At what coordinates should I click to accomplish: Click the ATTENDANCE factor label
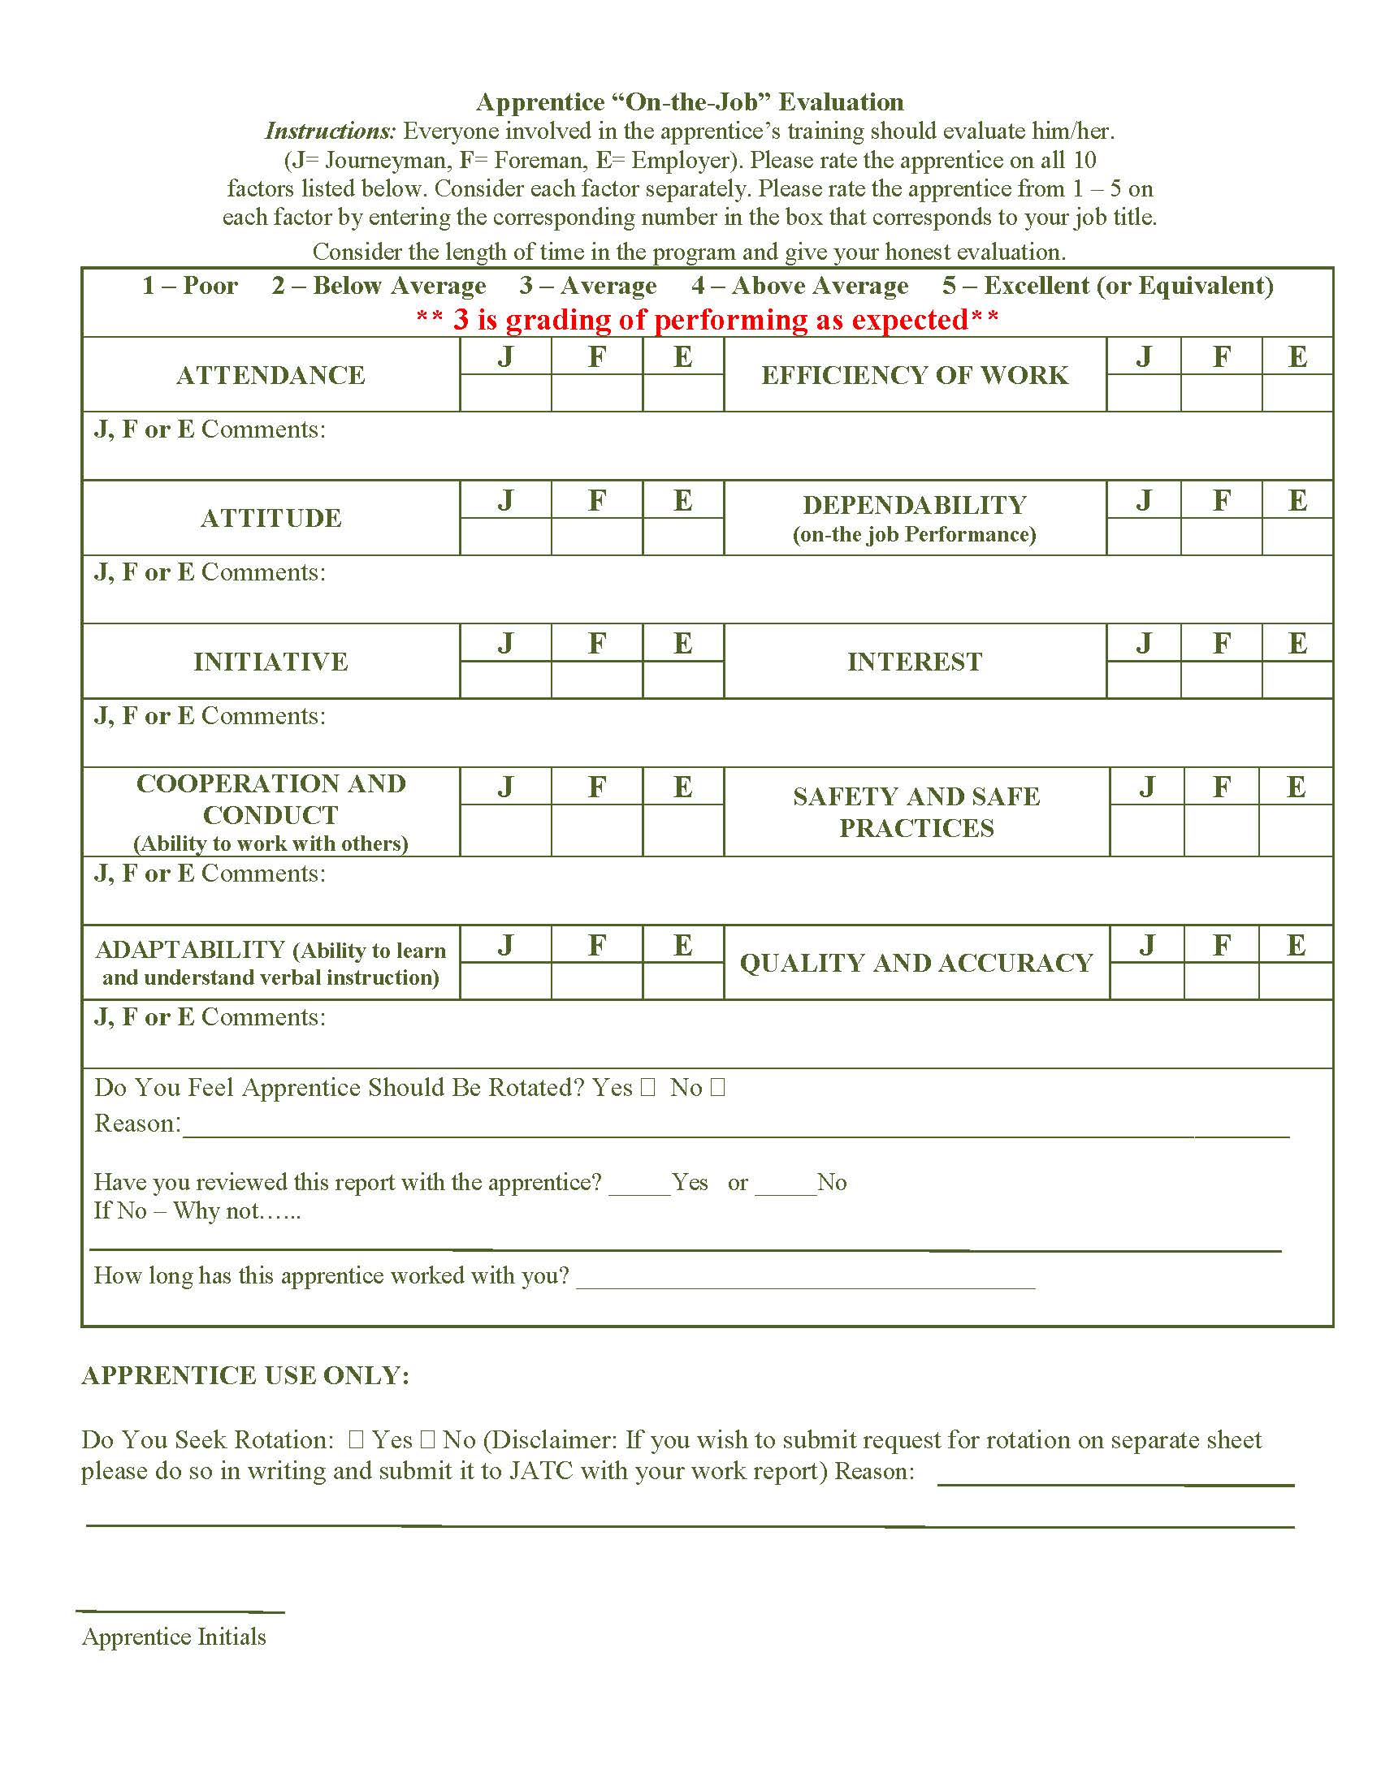click(x=270, y=374)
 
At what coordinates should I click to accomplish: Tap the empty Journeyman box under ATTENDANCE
click(x=504, y=393)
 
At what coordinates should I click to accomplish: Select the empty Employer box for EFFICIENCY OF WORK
click(x=1297, y=393)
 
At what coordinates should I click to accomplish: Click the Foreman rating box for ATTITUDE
click(x=596, y=537)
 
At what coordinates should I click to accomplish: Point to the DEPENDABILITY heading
click(x=914, y=506)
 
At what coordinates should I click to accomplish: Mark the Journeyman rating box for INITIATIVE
click(x=504, y=679)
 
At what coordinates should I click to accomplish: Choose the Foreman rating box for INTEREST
click(x=1221, y=679)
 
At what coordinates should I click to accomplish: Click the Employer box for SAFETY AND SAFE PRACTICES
click(x=1295, y=830)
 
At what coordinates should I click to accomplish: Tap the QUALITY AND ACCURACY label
click(x=916, y=963)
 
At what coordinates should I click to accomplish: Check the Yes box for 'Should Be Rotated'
click(x=648, y=1088)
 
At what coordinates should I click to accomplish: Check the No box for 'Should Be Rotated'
click(x=717, y=1088)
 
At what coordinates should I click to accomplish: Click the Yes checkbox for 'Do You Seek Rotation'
click(x=356, y=1440)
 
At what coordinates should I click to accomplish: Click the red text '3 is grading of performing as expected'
click(x=708, y=319)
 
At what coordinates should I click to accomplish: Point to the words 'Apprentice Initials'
click(x=174, y=1637)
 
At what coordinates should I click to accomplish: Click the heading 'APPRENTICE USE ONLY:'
click(x=245, y=1375)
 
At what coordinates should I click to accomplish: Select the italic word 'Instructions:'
click(x=330, y=131)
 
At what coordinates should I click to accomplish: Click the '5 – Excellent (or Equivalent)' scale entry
click(x=1107, y=286)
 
